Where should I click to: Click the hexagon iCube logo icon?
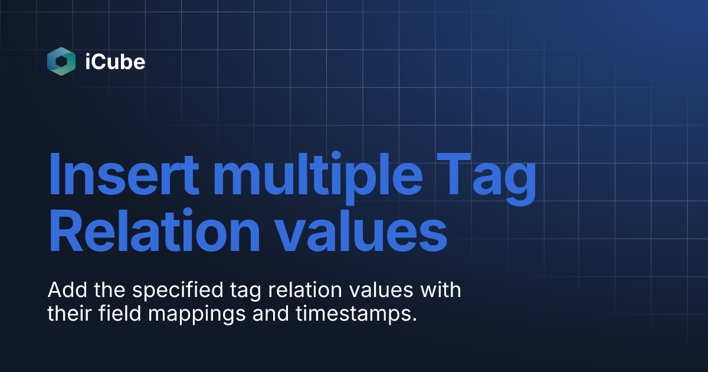click(61, 61)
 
